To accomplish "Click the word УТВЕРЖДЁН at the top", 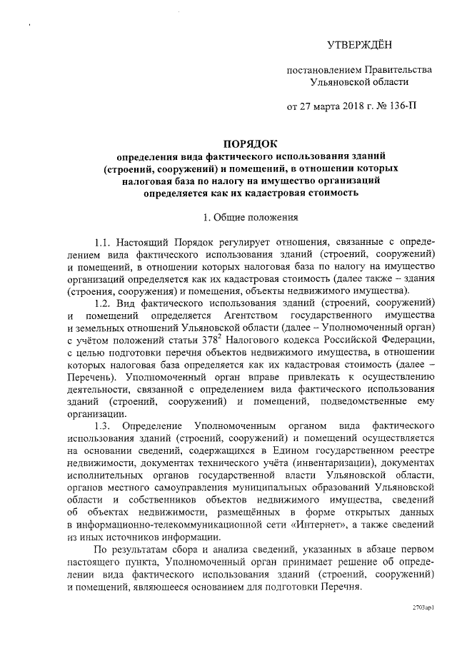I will tap(359, 46).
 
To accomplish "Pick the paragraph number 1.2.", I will tap(104, 303).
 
